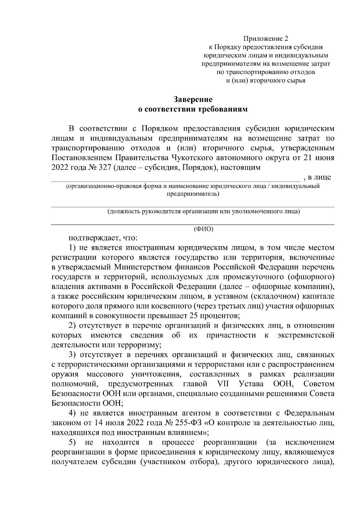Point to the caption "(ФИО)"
coord(204,229)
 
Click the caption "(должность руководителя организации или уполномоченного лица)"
coord(204,211)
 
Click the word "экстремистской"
coord(306,335)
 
